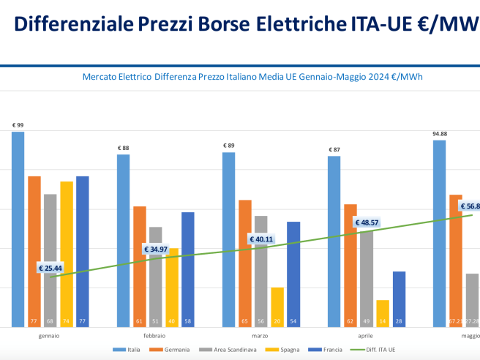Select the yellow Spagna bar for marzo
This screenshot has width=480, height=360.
[x=277, y=307]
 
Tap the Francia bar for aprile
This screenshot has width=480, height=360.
[x=399, y=299]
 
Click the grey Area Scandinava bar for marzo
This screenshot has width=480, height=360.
[x=261, y=271]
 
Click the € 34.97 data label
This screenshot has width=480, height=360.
[x=156, y=250]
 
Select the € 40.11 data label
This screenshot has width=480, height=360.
[x=261, y=239]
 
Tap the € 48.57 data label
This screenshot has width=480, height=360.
[x=367, y=222]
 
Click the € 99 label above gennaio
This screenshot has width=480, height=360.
[x=18, y=125]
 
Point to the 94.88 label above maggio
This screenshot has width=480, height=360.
[x=440, y=134]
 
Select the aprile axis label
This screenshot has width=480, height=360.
[x=364, y=335]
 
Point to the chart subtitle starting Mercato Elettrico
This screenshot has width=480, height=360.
[x=252, y=76]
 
